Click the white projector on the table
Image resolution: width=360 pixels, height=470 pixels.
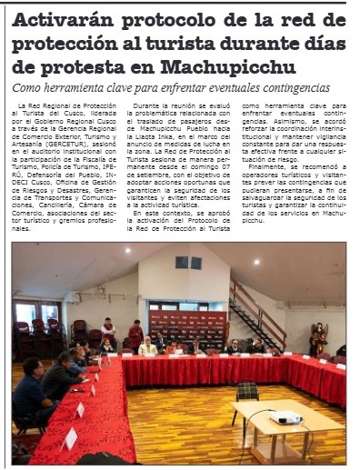click(285, 417)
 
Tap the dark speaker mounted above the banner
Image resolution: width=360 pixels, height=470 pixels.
click(188, 262)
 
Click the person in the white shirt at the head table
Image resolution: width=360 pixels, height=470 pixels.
click(147, 346)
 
